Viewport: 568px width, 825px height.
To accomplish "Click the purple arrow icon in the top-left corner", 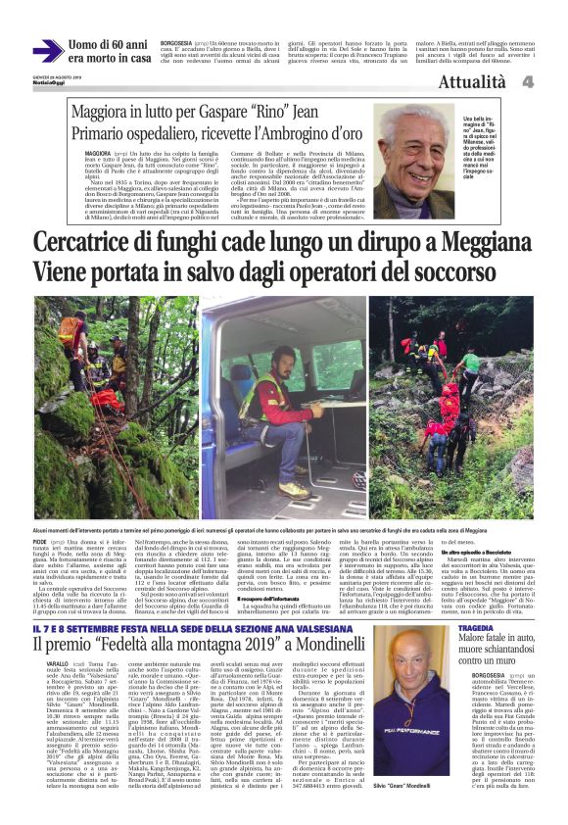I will coord(47,51).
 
